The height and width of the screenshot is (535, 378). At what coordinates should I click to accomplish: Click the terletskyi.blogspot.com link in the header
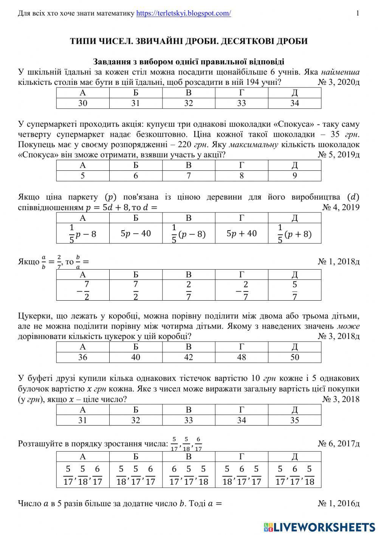coord(183,14)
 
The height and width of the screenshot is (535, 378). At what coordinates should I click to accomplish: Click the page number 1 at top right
coord(358,14)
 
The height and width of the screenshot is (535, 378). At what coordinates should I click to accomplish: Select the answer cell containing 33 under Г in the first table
coord(242,103)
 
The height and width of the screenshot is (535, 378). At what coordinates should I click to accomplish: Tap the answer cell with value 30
coord(83,103)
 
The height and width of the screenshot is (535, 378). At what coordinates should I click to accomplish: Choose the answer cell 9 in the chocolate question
coord(295,176)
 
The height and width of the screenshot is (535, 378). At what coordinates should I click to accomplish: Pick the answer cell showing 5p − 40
coord(136,234)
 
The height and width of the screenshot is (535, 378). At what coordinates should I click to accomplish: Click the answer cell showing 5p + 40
coord(242,234)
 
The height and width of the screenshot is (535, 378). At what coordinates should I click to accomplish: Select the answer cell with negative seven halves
coord(83,290)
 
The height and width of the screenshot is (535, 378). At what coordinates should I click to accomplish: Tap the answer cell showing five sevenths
coord(295,290)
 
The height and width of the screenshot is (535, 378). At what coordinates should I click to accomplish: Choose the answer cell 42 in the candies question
coord(189,357)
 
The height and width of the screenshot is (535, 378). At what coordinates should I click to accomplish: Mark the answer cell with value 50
coord(295,357)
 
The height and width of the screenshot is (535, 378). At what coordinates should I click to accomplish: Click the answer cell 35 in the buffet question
coord(295,420)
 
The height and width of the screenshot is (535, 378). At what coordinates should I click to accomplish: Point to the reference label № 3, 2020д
coord(339,83)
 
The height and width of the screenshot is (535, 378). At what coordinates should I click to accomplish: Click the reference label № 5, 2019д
coord(339,154)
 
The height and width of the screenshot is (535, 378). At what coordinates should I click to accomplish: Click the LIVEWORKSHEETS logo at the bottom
coord(320,527)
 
